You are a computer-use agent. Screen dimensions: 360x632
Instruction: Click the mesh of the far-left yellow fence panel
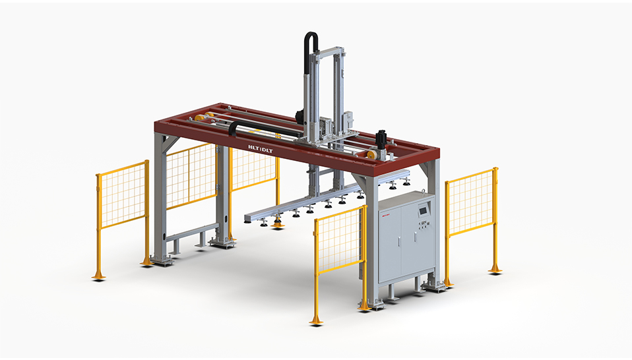click(123, 196)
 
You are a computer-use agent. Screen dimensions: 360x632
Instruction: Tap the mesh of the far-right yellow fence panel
click(470, 202)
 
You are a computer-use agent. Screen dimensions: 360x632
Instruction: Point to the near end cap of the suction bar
click(248, 218)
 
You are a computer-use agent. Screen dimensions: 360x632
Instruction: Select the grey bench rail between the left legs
click(192, 232)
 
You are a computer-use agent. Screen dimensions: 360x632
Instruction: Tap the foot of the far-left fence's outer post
click(99, 276)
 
